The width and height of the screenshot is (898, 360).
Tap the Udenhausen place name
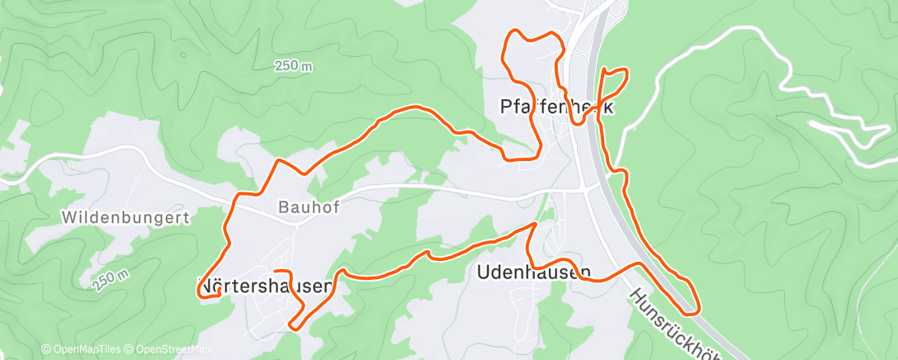point(534,272)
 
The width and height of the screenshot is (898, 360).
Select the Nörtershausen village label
point(265,286)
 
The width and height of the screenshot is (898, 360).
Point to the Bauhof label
point(310,208)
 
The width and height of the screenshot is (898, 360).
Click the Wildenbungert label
point(126,219)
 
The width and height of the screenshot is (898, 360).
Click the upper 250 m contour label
point(294,66)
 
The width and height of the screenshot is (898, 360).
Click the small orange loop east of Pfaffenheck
point(614,81)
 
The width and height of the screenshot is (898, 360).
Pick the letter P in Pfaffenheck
point(506,107)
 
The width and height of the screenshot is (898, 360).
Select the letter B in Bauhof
point(284,208)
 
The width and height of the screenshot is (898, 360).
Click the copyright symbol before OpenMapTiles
point(46,350)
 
